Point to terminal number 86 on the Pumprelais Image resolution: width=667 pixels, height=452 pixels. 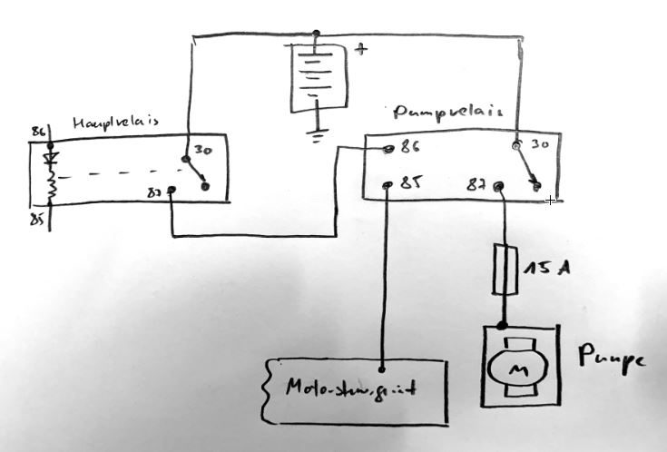tap(410, 146)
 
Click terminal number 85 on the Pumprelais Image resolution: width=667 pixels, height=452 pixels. tap(410, 183)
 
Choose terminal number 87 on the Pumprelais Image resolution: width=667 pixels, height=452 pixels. tap(479, 183)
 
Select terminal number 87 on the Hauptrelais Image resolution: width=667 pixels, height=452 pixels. tap(154, 192)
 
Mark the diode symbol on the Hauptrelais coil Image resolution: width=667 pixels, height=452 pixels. tap(51, 160)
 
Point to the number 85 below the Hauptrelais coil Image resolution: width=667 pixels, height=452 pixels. tap(37, 219)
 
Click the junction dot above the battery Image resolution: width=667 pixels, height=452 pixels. tap(315, 34)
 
